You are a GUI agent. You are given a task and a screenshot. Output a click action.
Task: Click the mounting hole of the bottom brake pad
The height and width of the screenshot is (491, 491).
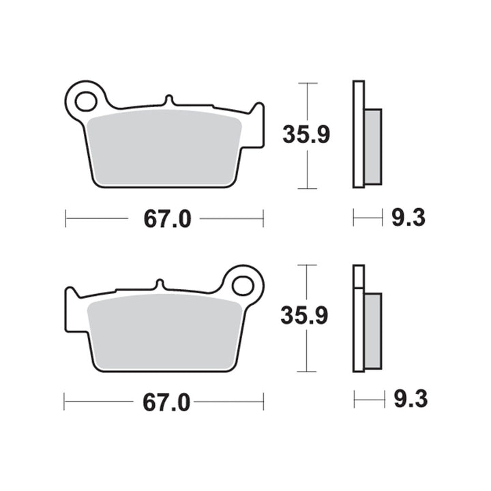pos(243,285)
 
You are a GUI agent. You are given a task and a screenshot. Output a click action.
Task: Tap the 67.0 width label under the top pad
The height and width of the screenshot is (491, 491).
pos(167,219)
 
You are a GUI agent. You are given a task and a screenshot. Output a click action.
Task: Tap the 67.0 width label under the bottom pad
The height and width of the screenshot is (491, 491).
pos(166,402)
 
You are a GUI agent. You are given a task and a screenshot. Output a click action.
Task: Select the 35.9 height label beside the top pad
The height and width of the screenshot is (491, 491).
pos(306,134)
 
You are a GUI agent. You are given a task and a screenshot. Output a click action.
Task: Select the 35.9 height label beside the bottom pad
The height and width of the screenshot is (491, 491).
pos(304,315)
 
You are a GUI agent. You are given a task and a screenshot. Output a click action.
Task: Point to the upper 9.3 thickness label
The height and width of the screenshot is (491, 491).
pos(408,218)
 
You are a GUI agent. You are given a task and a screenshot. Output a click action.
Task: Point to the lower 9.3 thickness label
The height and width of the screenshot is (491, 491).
pos(411,399)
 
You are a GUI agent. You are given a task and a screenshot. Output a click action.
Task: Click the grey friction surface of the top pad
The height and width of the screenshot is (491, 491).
pos(164,147)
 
